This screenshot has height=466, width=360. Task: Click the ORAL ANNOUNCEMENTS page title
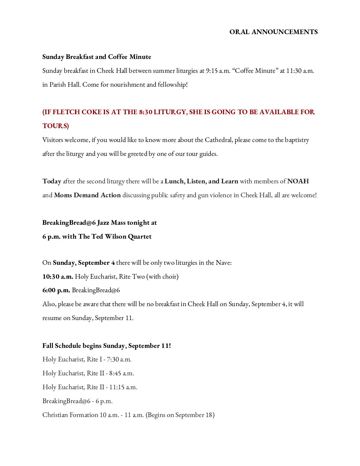click(273, 32)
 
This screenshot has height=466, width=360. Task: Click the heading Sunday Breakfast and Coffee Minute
click(97, 57)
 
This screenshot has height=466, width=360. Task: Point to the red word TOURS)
click(56, 126)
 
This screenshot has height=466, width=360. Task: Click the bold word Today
click(52, 181)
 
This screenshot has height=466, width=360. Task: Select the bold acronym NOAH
click(298, 181)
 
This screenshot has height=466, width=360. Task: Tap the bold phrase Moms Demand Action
click(87, 195)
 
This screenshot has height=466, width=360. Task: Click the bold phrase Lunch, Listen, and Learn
click(201, 181)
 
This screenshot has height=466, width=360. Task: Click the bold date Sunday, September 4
click(84, 263)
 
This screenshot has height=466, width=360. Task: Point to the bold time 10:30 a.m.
click(58, 277)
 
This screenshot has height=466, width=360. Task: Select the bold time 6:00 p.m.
click(56, 290)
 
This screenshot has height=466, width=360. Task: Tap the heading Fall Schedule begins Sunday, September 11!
click(107, 346)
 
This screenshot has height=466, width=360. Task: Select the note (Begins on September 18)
click(180, 415)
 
